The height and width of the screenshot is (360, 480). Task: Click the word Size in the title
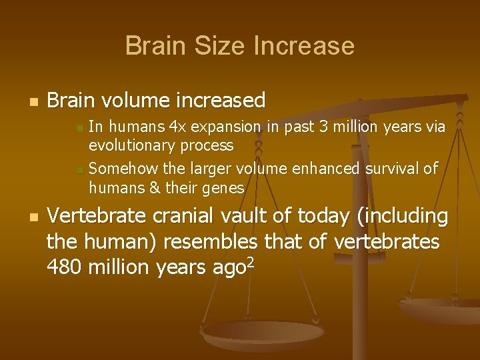click(x=215, y=46)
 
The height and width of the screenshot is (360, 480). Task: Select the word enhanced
click(x=323, y=169)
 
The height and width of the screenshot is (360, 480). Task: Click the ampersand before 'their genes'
click(x=155, y=188)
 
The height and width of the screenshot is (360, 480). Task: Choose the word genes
click(x=223, y=188)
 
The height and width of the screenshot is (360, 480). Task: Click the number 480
click(x=65, y=267)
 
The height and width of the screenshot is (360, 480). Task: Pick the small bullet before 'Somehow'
click(x=80, y=171)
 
